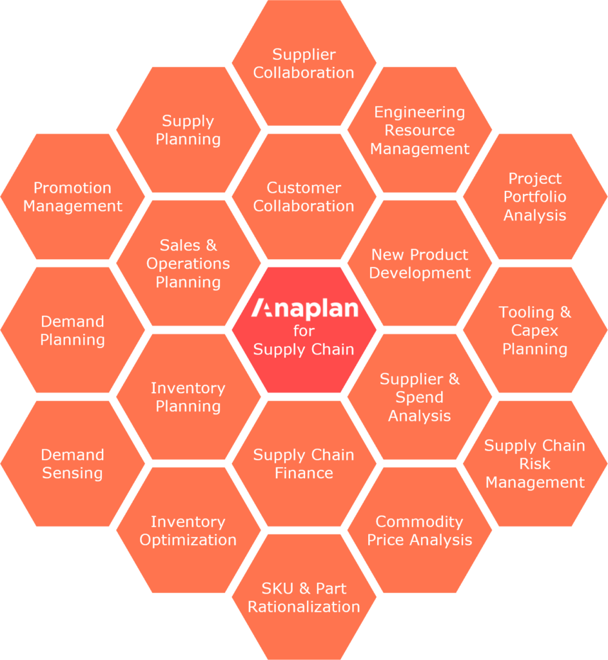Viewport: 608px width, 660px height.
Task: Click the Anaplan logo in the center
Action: (304, 309)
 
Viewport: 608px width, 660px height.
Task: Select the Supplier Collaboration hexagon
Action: (304, 63)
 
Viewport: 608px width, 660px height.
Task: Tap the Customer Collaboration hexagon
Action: (304, 197)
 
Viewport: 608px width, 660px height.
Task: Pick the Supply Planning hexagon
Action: (188, 130)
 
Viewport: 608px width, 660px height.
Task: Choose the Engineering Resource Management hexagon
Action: (420, 130)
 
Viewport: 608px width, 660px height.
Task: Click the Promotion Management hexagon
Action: (73, 197)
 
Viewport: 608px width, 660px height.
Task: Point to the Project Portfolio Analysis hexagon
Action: (535, 197)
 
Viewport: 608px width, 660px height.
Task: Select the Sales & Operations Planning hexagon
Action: (188, 263)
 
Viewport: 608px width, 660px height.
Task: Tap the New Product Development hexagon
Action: (420, 263)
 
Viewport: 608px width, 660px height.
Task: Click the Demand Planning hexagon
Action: (73, 330)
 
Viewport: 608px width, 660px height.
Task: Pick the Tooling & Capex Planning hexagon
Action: (535, 330)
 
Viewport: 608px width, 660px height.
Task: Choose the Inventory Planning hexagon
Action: (188, 396)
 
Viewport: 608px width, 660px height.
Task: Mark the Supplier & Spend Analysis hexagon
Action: (420, 396)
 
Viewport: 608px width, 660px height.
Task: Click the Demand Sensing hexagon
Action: (73, 463)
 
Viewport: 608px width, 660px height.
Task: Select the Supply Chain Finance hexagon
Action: (304, 463)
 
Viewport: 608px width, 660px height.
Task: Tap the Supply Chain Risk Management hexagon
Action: (535, 463)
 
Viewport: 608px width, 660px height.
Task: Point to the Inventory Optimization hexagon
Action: (188, 530)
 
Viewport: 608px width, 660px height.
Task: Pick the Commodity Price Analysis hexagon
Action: (420, 530)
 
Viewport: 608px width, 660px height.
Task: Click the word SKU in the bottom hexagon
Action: (277, 588)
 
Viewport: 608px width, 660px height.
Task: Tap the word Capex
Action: (535, 331)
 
